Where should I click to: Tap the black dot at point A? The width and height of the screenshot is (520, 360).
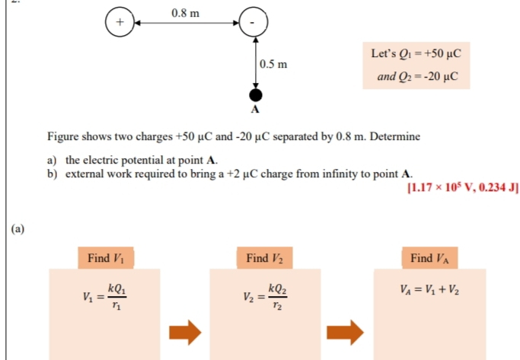256,95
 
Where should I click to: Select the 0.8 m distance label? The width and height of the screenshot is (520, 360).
185,13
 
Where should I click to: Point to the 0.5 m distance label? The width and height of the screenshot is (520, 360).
273,64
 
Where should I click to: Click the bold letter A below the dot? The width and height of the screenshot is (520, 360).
255,109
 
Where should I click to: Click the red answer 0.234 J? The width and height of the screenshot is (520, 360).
497,187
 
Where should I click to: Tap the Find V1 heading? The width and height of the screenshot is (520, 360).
106,258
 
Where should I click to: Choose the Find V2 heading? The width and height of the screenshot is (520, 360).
265,258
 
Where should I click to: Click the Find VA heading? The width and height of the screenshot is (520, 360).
430,258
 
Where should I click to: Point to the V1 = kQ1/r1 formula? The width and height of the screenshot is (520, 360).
104,297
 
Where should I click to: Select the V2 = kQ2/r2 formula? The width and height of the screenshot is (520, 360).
265,297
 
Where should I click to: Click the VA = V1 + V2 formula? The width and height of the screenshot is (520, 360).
429,290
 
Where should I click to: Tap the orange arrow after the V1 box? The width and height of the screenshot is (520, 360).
185,332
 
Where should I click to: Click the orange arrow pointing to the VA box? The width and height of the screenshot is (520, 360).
345,332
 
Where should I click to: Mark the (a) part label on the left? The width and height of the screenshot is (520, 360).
18,229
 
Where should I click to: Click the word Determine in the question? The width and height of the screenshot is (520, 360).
395,136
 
